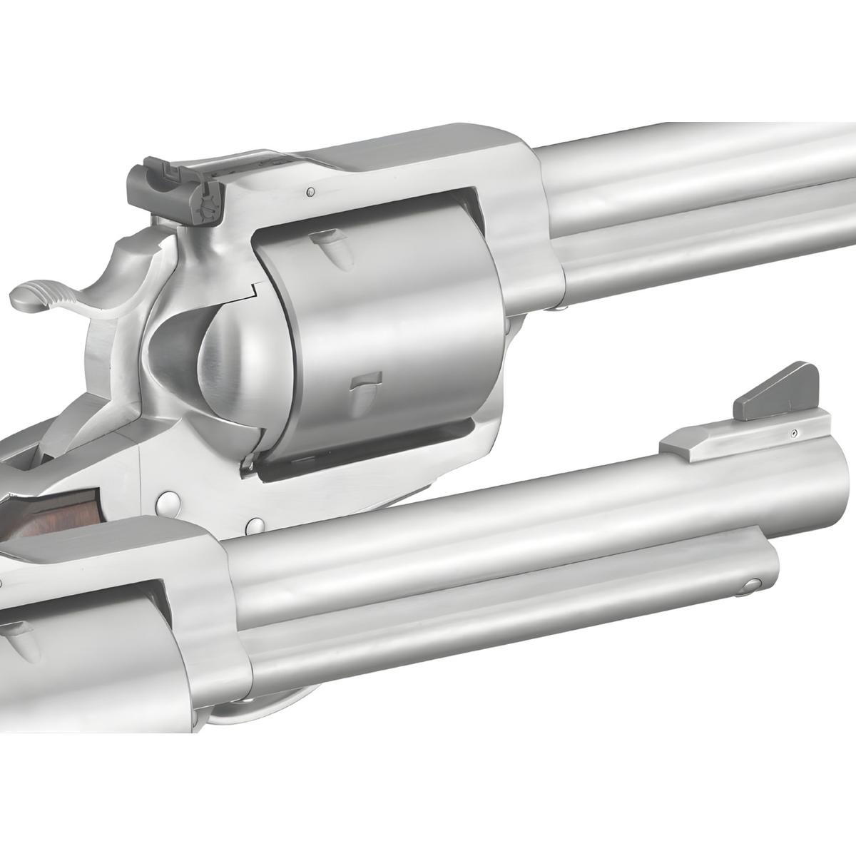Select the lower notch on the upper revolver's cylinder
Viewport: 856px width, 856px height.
pyautogui.click(x=365, y=389)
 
